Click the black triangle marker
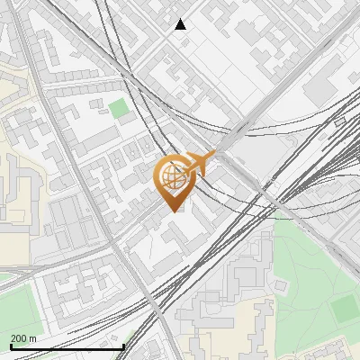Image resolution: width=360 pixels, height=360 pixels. tap(181, 24)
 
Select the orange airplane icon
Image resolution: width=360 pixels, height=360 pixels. tap(199, 163)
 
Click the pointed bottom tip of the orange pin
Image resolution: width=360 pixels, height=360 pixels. tap(172, 211)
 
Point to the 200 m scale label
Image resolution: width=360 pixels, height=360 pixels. tap(23, 338)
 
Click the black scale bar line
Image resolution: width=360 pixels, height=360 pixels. tap(67, 346)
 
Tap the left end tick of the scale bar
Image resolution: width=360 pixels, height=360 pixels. tap(11, 346)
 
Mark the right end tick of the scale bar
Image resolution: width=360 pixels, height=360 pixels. tap(123, 346)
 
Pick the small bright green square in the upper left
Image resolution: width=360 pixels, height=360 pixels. tap(119, 109)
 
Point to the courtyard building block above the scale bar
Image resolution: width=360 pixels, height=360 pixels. tap(81, 297)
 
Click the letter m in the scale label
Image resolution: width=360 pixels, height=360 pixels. tap(33, 338)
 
